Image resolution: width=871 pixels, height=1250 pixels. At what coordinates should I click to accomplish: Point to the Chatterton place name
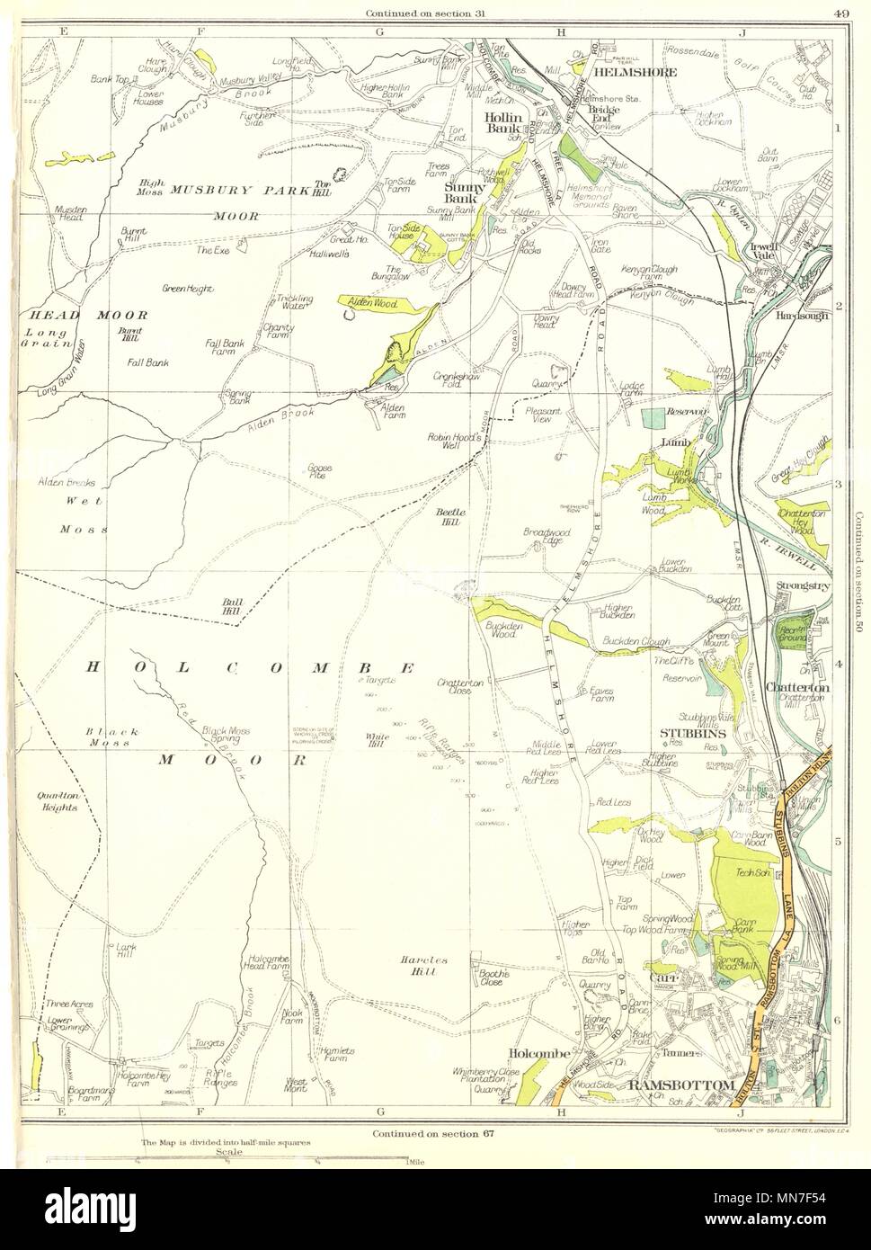(x=795, y=688)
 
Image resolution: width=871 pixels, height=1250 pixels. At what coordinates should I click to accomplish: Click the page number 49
(x=838, y=12)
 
